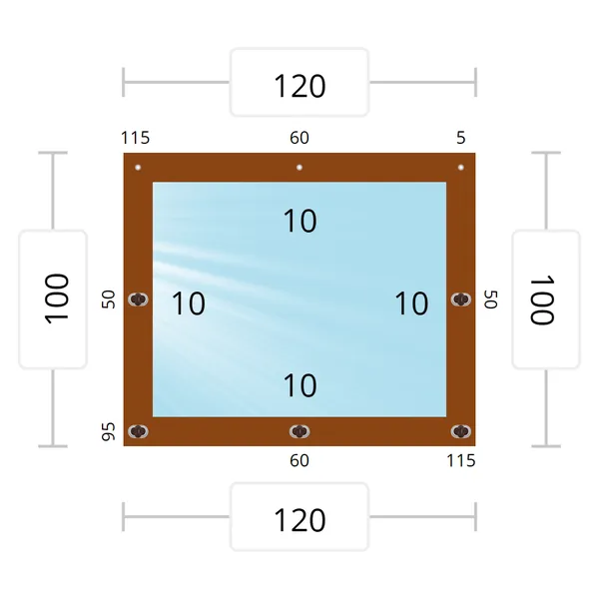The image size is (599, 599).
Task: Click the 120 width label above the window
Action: click(299, 86)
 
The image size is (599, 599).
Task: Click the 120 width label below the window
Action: click(299, 520)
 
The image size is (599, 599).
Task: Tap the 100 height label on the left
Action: click(57, 299)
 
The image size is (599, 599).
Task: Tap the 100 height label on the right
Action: click(542, 299)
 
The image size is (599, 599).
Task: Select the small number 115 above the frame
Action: click(135, 138)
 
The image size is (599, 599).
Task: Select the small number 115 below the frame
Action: click(461, 460)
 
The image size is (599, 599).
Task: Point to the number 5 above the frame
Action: click(461, 138)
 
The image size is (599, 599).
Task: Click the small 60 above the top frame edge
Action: click(299, 138)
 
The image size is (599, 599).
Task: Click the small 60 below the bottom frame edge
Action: click(299, 460)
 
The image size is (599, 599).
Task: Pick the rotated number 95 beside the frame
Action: click(108, 431)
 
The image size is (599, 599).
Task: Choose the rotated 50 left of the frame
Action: click(108, 299)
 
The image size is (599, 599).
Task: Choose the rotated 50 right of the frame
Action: click(491, 299)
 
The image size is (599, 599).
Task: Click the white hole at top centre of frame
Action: click(299, 168)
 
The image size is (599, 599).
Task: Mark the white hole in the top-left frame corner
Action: click(138, 168)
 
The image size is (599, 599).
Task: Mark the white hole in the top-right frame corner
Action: click(461, 168)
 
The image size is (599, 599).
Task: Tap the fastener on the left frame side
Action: click(138, 299)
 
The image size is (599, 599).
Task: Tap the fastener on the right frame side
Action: click(461, 299)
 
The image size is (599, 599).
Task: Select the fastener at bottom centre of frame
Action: click(299, 431)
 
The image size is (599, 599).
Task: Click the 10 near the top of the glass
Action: click(299, 221)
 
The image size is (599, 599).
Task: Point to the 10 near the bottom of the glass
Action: click(299, 385)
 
